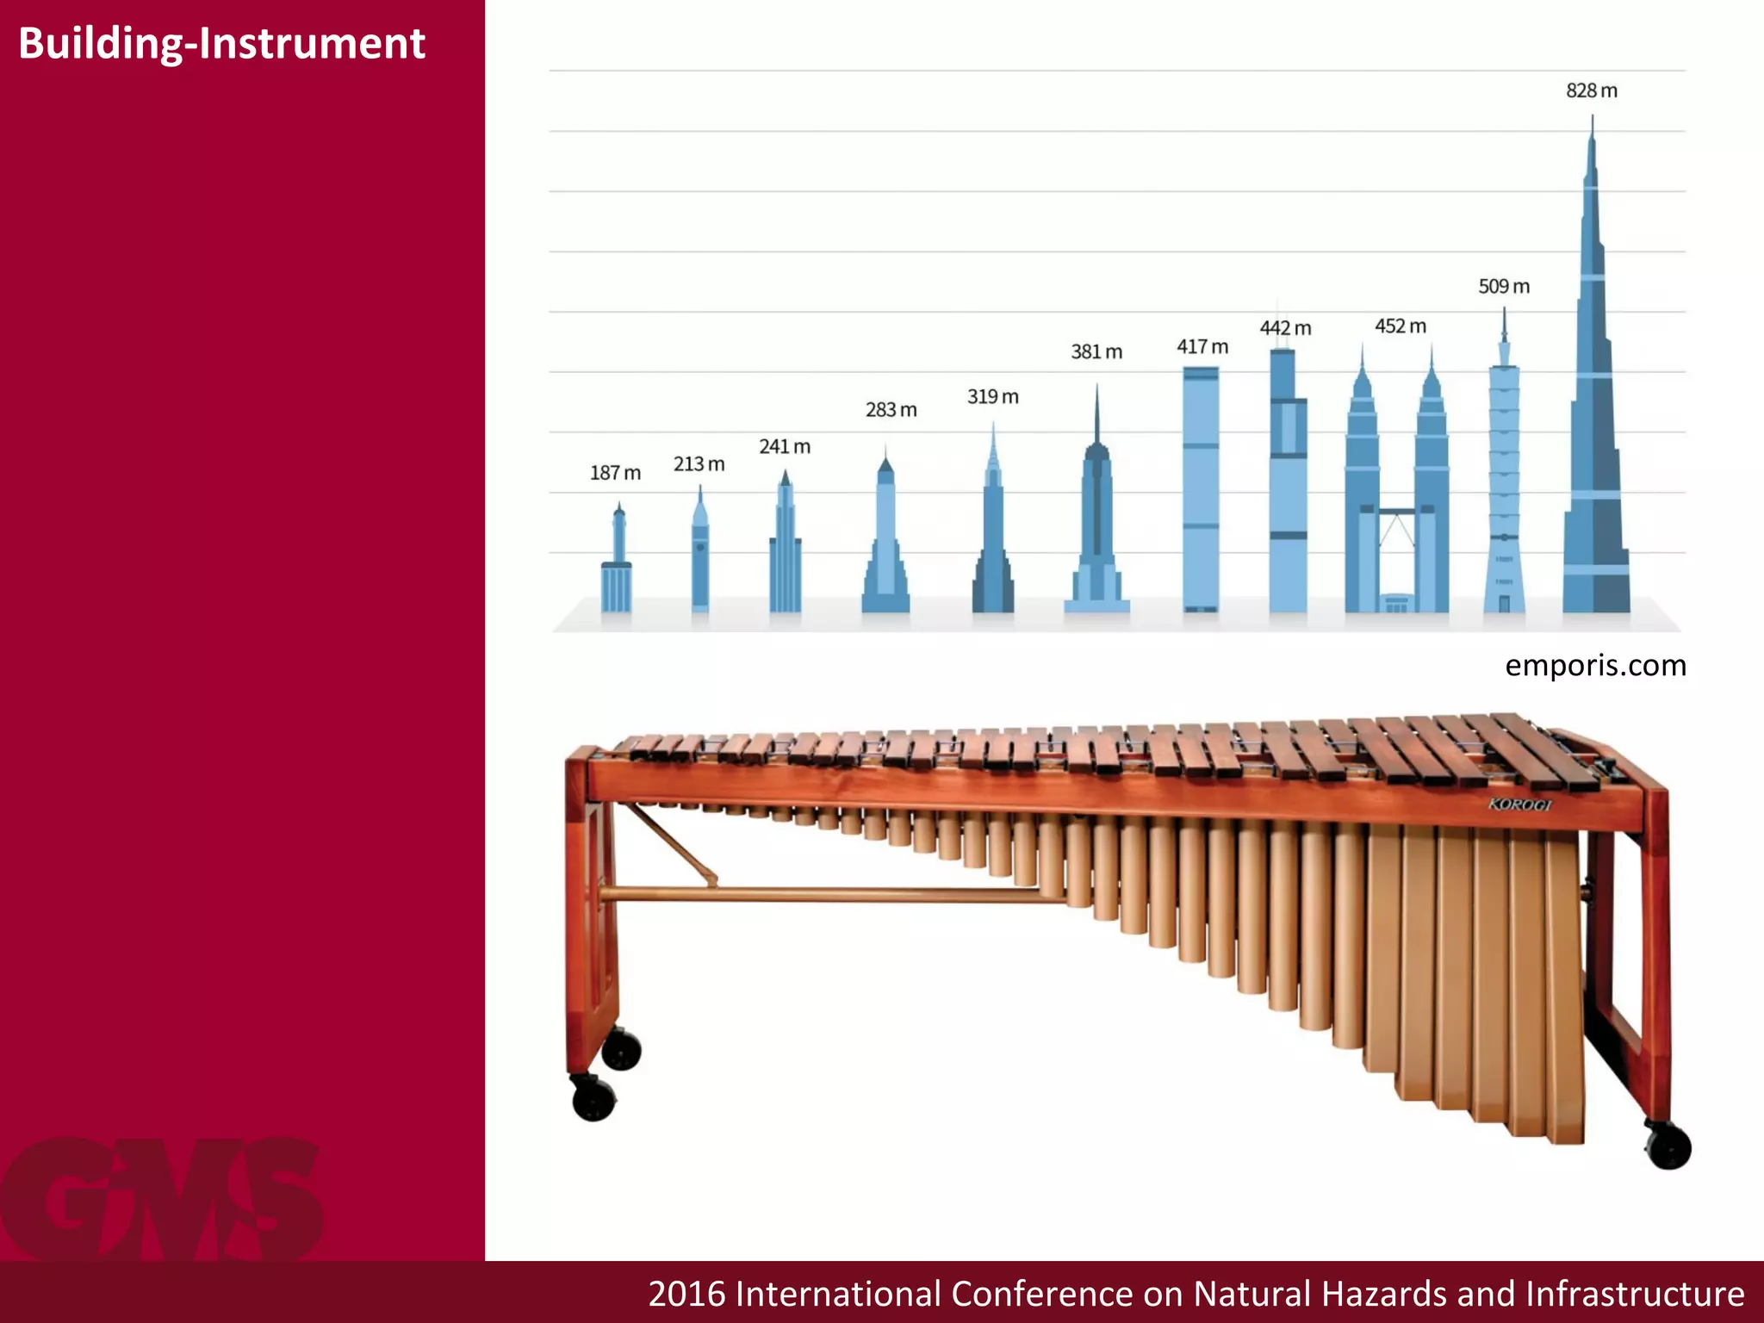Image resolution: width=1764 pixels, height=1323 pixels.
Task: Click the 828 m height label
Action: click(1591, 90)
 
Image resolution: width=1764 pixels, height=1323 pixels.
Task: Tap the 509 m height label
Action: click(1504, 286)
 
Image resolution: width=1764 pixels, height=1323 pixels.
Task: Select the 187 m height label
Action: click(615, 473)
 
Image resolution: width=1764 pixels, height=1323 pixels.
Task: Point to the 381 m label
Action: click(1096, 351)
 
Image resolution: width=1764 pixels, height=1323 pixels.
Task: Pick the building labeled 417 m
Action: click(1201, 491)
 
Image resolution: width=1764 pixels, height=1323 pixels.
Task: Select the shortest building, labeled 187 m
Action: click(617, 577)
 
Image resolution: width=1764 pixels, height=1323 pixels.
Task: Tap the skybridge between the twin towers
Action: click(1397, 512)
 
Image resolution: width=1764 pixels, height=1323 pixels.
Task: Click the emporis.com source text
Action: click(1595, 665)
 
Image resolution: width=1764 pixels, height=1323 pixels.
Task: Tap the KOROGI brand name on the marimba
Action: click(1519, 804)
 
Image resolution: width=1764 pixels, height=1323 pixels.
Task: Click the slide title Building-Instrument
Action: click(221, 43)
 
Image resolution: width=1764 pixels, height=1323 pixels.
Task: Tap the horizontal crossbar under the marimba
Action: click(827, 895)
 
